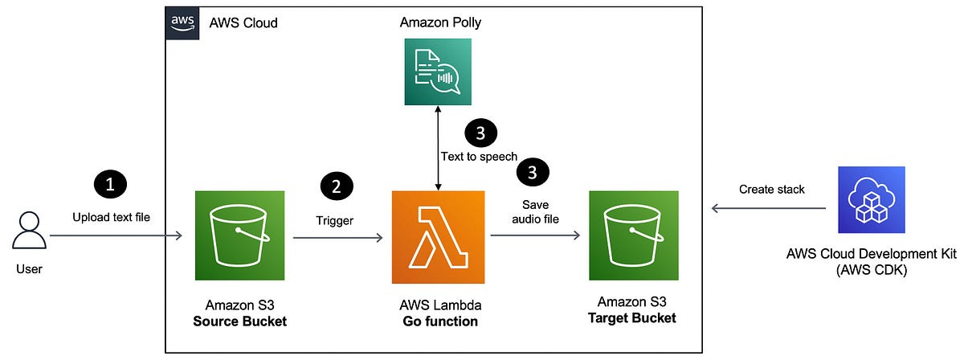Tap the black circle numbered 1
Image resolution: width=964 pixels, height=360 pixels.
[111, 184]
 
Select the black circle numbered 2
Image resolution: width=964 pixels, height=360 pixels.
[337, 186]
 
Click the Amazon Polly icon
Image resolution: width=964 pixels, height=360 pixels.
[437, 72]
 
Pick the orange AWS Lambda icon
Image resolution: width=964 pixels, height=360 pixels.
[438, 237]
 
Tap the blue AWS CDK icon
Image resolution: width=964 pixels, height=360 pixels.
[871, 199]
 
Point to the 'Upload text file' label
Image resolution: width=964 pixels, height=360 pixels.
[111, 216]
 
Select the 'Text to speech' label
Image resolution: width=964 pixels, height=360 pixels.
[480, 156]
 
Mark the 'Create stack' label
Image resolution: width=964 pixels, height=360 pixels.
[771, 190]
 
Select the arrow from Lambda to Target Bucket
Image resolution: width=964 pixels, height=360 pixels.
[535, 236]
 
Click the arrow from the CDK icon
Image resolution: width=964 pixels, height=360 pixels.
[768, 209]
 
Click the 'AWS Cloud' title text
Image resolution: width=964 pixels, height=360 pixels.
[243, 22]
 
